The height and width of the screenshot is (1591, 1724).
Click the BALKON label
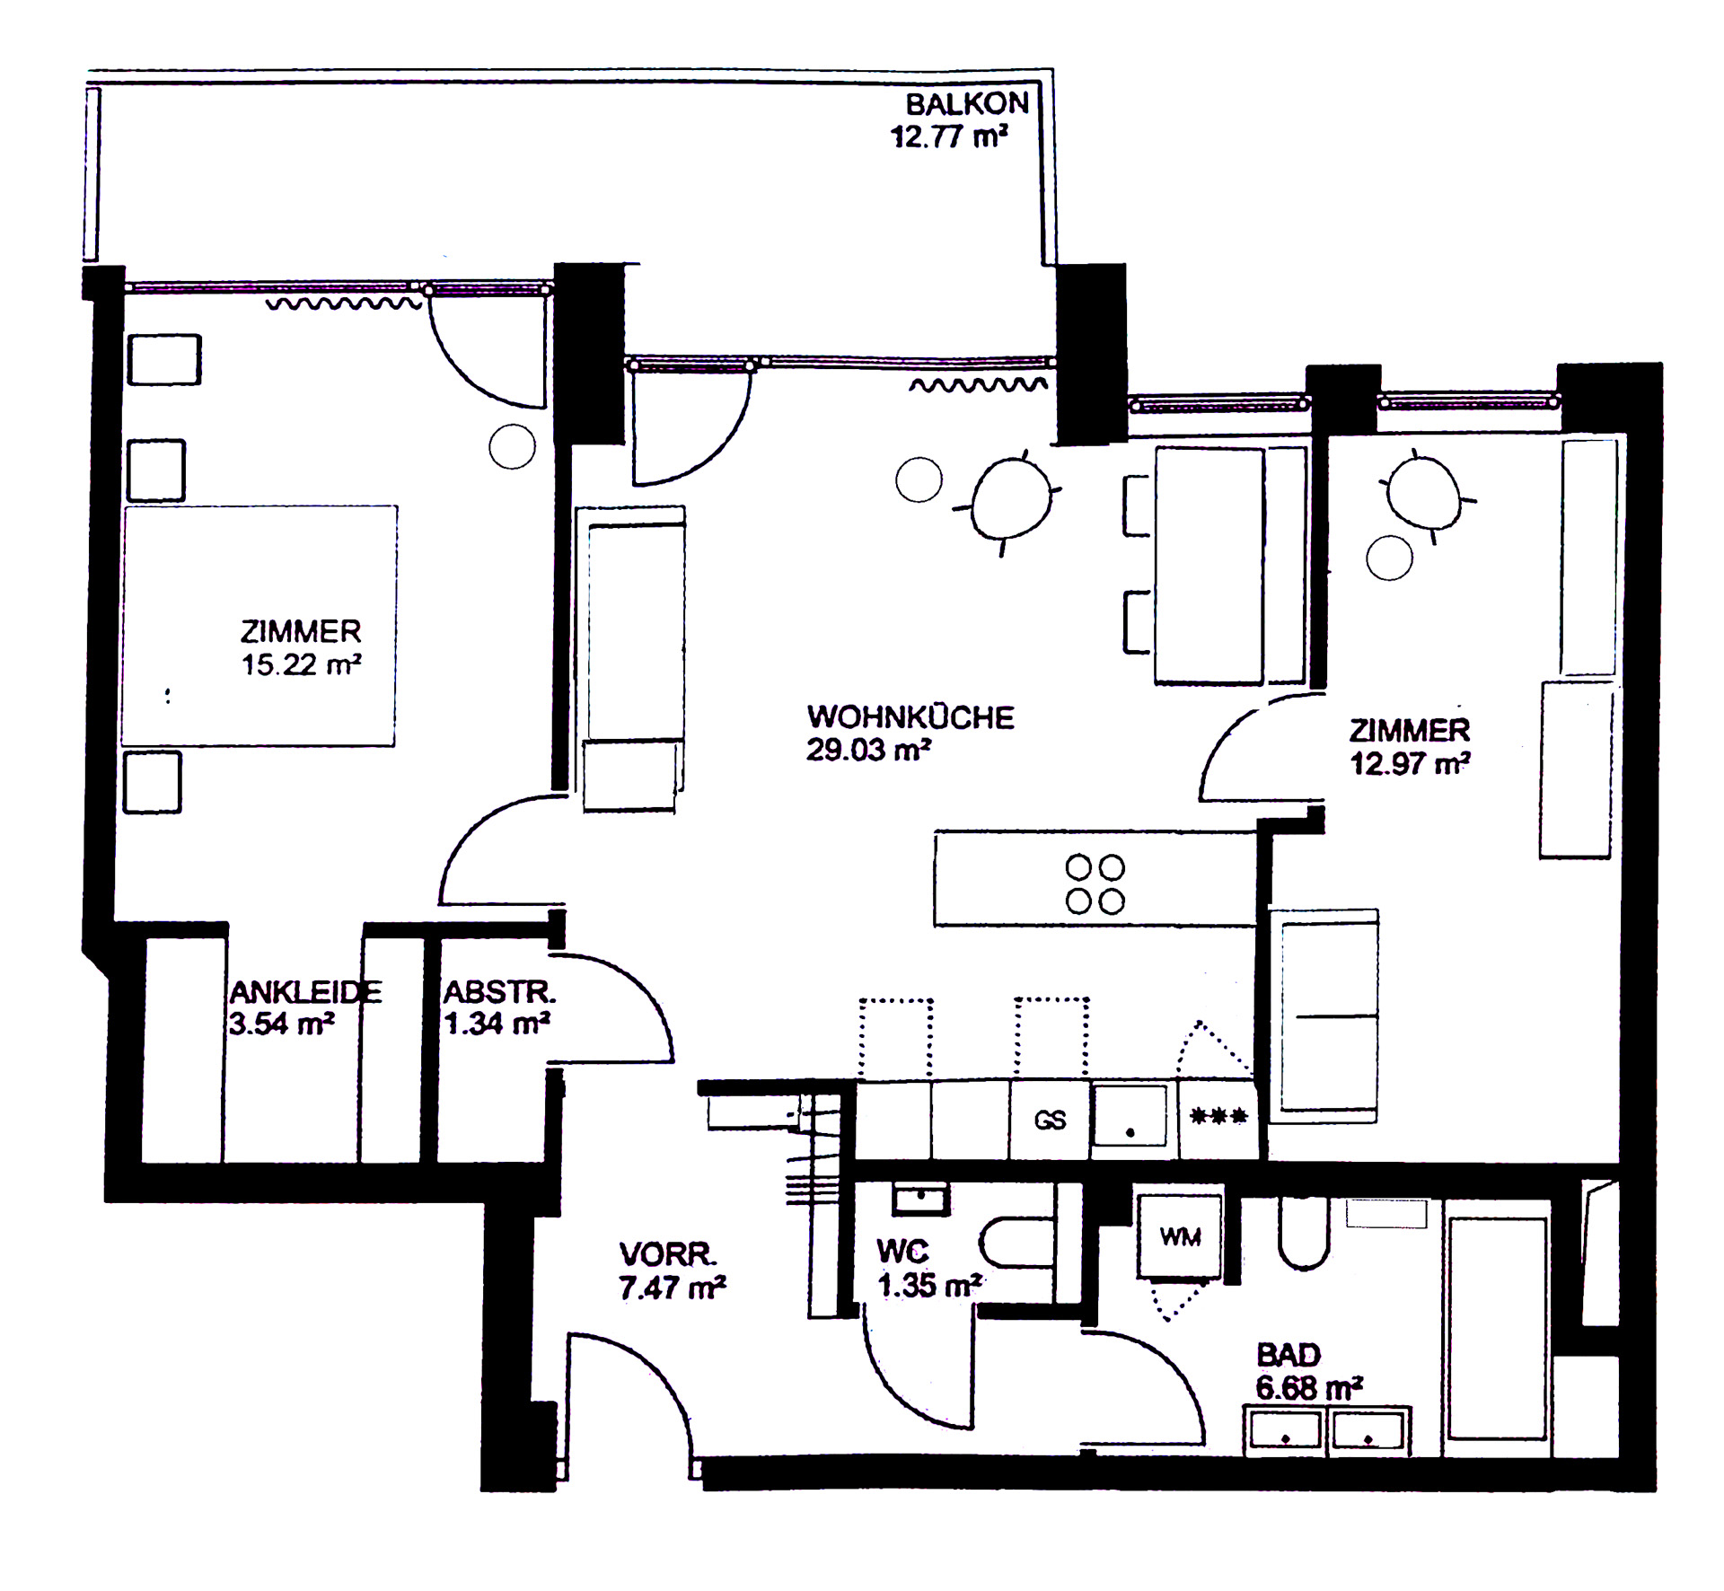967,104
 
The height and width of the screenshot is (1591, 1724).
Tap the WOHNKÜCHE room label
910,717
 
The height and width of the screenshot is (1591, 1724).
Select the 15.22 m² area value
301,664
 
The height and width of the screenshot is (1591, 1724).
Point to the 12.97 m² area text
1410,763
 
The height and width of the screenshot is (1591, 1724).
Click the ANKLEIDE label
306,991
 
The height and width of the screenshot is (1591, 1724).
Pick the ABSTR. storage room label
500,992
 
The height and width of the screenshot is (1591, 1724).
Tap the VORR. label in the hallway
668,1253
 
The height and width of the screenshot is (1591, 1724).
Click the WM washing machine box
1180,1235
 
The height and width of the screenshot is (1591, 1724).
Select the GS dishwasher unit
1050,1120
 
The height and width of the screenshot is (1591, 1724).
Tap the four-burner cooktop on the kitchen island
1095,884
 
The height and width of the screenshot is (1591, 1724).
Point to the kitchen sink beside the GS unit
1130,1116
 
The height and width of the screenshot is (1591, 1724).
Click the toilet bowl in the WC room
1016,1243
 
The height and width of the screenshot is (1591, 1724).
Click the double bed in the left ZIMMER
259,626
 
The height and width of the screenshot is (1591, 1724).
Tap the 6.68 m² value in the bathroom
1310,1388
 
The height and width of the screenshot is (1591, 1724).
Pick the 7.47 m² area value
672,1288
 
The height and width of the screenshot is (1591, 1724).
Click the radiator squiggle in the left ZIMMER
344,304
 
